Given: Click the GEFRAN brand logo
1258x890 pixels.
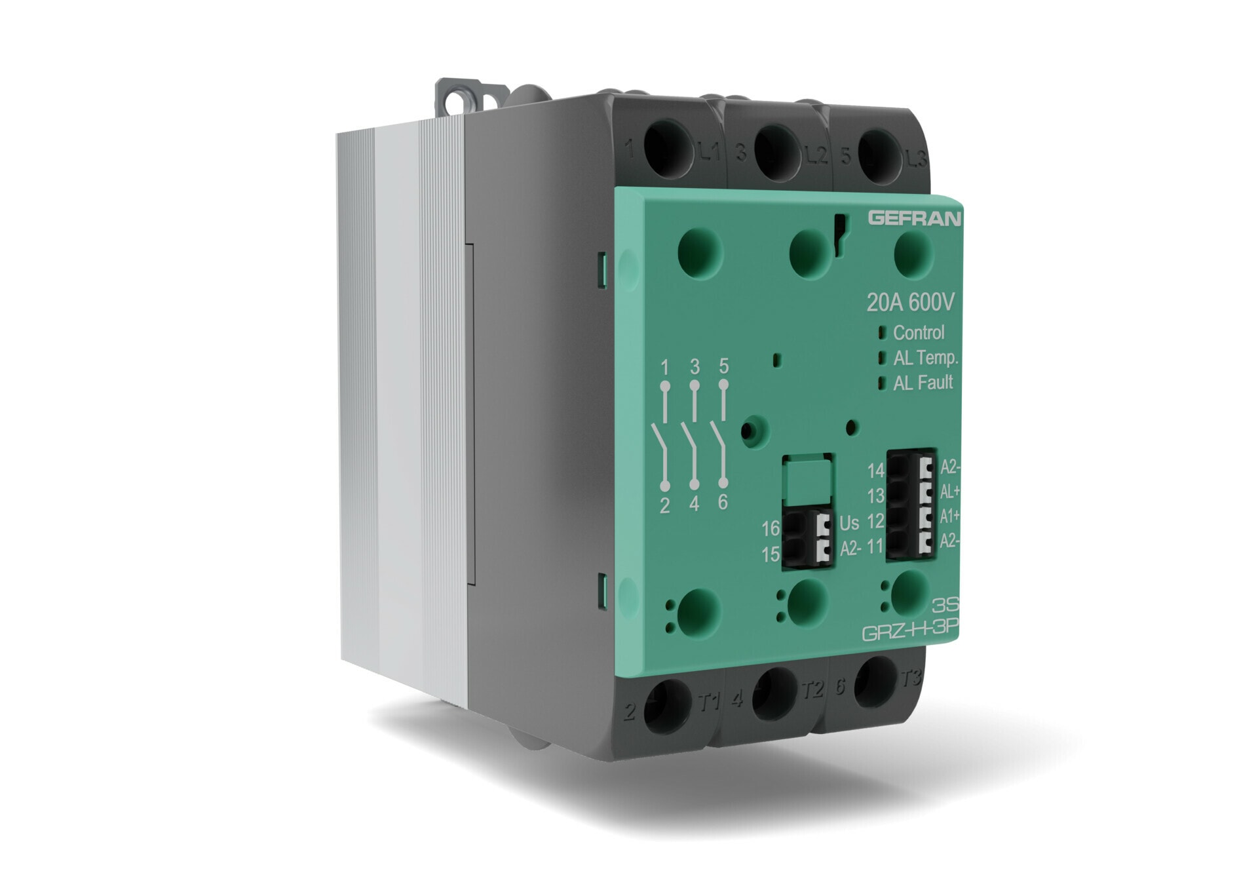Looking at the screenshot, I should pos(914,218).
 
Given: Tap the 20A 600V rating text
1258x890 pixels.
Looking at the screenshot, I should pos(910,302).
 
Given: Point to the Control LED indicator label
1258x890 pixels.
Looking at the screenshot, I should pos(919,333).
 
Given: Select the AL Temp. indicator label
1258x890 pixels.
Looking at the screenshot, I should pos(925,358).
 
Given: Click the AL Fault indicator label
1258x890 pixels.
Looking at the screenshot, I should pos(923,383).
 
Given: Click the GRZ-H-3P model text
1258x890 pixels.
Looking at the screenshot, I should pos(909,632).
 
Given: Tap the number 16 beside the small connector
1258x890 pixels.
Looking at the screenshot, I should pos(771,528).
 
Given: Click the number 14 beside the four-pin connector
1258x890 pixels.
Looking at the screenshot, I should pos(876,471).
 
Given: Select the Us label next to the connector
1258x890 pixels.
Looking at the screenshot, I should pos(849,523).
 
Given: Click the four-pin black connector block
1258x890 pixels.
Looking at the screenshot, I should pos(911,504).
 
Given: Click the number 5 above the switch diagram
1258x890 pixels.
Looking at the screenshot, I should pos(723,366).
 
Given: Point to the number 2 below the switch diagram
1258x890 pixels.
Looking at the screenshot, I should pos(664,505).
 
